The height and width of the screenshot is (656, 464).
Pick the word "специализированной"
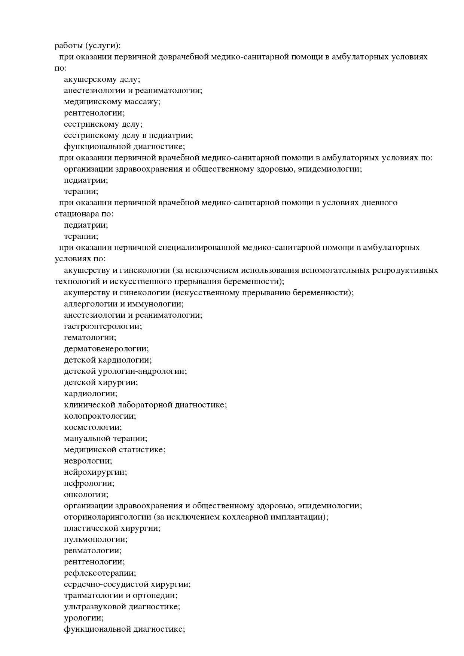pyautogui.click(x=199, y=248)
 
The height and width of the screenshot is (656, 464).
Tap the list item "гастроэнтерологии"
pyautogui.click(x=103, y=326)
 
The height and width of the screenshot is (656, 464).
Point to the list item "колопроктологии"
pyautogui.click(x=100, y=416)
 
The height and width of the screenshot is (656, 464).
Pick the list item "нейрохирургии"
pyautogui.click(x=95, y=472)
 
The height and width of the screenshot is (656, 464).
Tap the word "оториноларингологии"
pyautogui.click(x=107, y=517)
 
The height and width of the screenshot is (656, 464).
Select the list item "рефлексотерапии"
pyautogui.click(x=100, y=573)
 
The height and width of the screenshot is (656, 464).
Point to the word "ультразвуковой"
pyautogui.click(x=95, y=607)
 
